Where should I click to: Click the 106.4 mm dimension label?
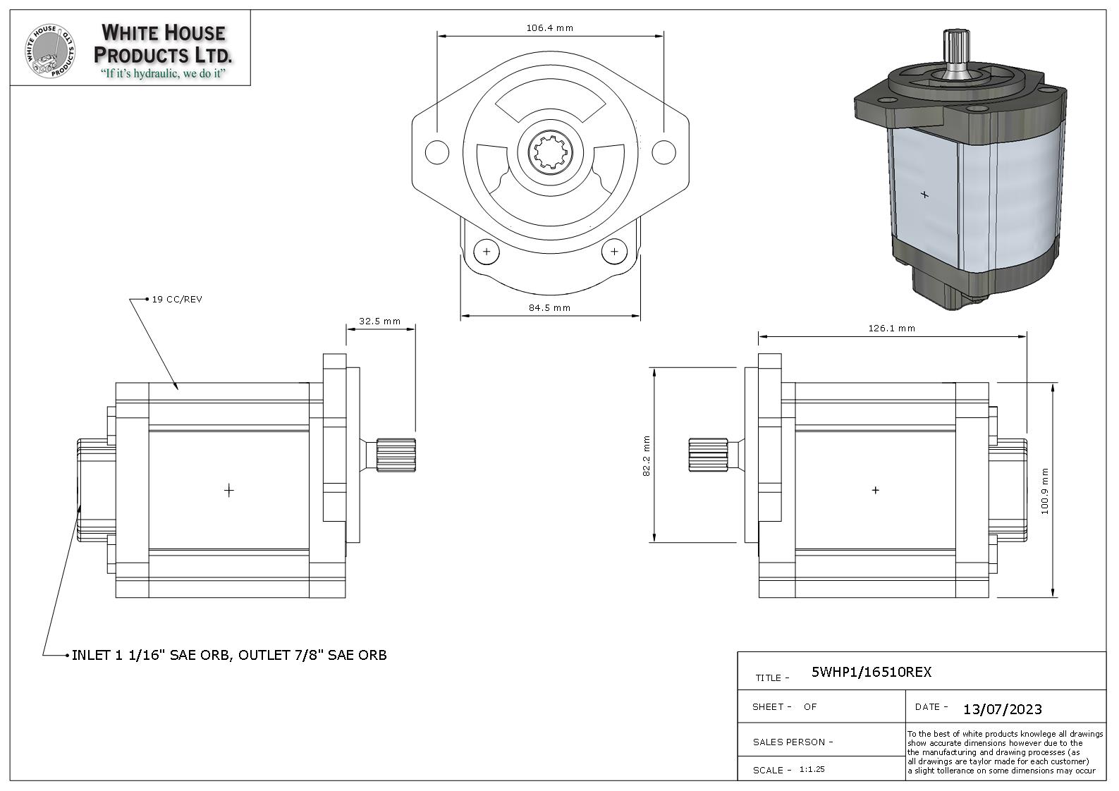click(x=549, y=28)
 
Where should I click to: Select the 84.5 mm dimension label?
click(x=549, y=307)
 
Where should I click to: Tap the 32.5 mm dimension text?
click(x=379, y=321)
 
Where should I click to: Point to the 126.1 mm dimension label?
click(x=892, y=328)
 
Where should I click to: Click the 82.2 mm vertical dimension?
click(x=646, y=455)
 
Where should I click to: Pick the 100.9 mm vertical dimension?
click(x=1045, y=491)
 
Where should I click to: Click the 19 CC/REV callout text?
click(x=177, y=299)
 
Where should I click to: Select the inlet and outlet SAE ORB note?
click(x=229, y=655)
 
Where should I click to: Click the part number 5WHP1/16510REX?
click(x=872, y=672)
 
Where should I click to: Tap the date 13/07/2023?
click(x=1003, y=709)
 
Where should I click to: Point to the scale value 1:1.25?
click(x=812, y=769)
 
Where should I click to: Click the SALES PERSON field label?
click(x=793, y=742)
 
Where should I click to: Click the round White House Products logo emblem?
click(x=50, y=52)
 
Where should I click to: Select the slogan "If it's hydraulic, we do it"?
click(x=163, y=74)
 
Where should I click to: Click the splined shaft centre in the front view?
click(x=550, y=151)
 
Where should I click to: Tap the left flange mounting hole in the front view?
click(x=436, y=152)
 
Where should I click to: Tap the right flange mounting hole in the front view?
click(x=664, y=152)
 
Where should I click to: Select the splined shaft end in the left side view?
click(x=396, y=455)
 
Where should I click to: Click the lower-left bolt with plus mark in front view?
click(x=487, y=251)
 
